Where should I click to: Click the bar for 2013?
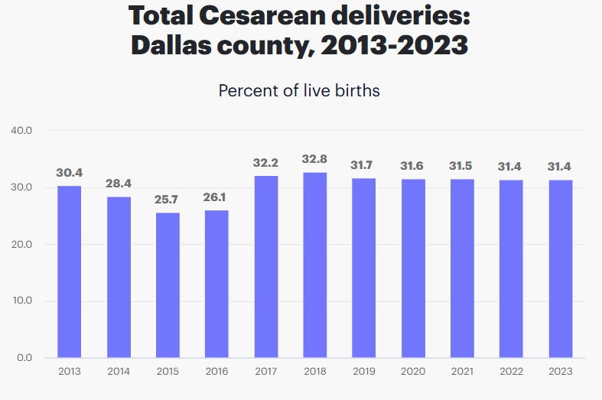point(70,272)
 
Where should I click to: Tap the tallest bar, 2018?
point(315,265)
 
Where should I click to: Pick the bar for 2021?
point(462,268)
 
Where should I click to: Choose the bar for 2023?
point(560,268)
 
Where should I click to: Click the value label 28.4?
point(119,184)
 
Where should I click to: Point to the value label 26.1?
point(216,197)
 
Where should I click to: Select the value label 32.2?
point(266,163)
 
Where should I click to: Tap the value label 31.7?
point(364,166)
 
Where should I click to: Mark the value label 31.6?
point(413,166)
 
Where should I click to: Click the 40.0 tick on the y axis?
point(21,130)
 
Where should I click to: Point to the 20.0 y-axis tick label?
point(21,244)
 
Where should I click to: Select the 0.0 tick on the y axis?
point(24,357)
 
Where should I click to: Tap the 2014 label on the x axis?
point(119,372)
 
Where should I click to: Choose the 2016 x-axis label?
point(216,372)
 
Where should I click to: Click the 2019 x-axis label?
point(364,372)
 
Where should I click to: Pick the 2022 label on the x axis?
point(511,372)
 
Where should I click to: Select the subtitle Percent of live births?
point(299,90)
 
